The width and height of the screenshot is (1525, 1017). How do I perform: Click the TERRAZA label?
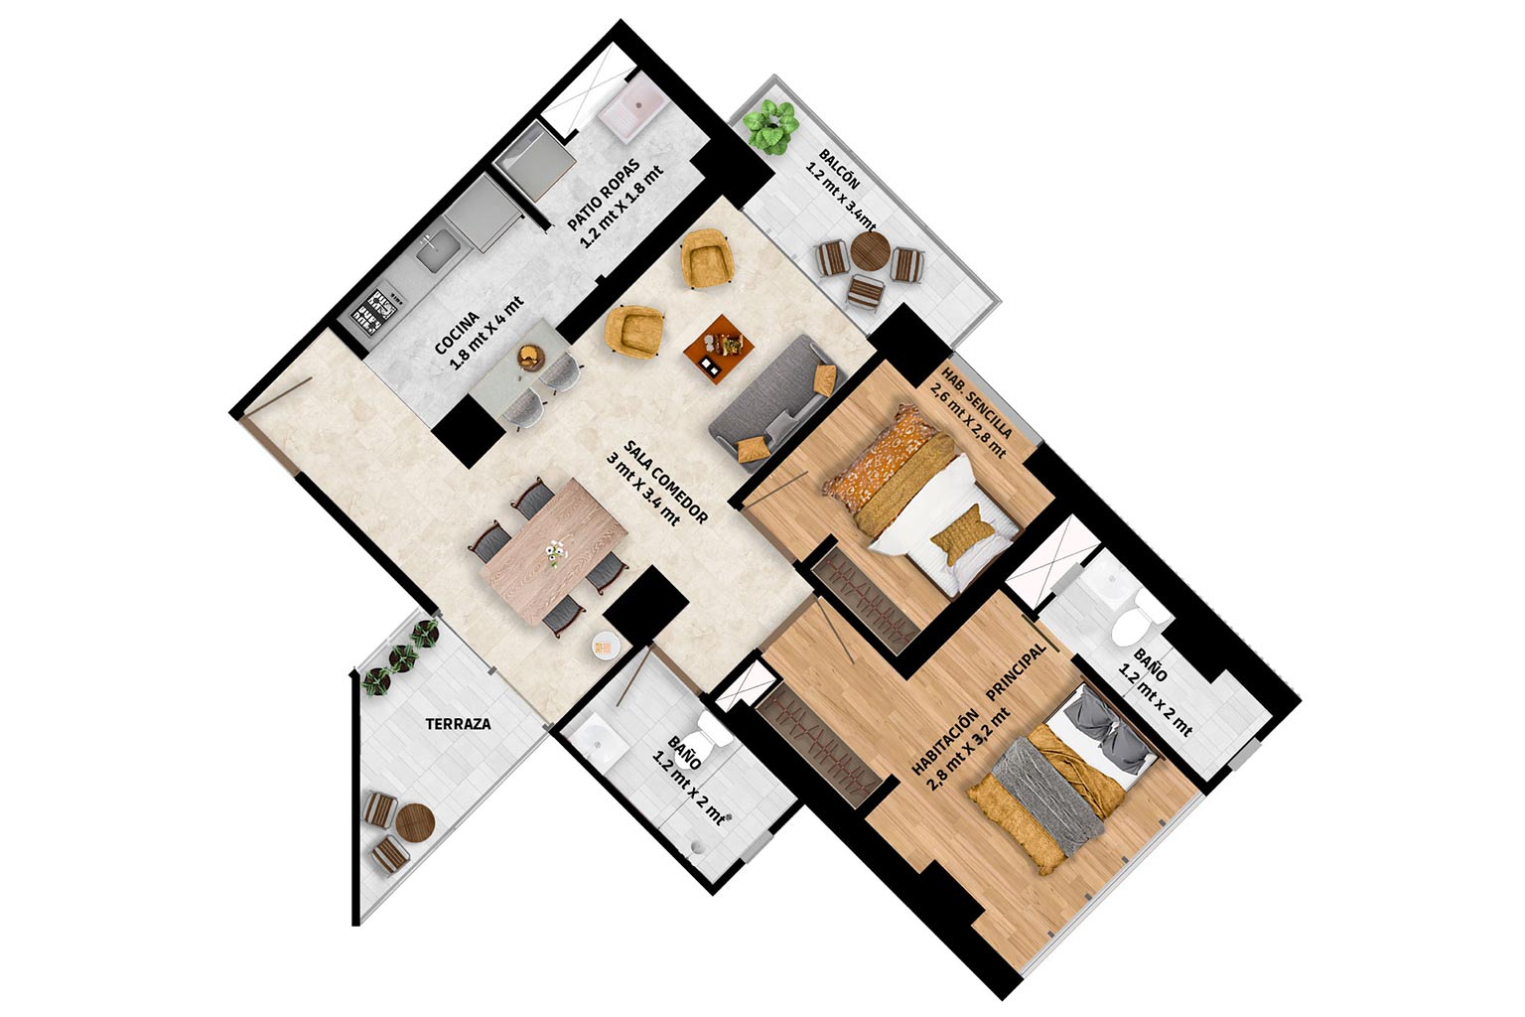[x=458, y=724]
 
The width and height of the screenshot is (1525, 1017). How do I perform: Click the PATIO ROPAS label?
[x=604, y=194]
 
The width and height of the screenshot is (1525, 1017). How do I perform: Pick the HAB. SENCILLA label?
[x=977, y=402]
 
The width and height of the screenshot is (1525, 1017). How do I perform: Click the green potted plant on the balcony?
[x=770, y=125]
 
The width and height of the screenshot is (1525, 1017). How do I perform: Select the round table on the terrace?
[x=415, y=823]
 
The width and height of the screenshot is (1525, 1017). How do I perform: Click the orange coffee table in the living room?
[x=719, y=349]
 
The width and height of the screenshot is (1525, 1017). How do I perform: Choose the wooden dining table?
[x=553, y=551]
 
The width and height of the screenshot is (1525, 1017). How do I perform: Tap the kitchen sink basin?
[x=437, y=249]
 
